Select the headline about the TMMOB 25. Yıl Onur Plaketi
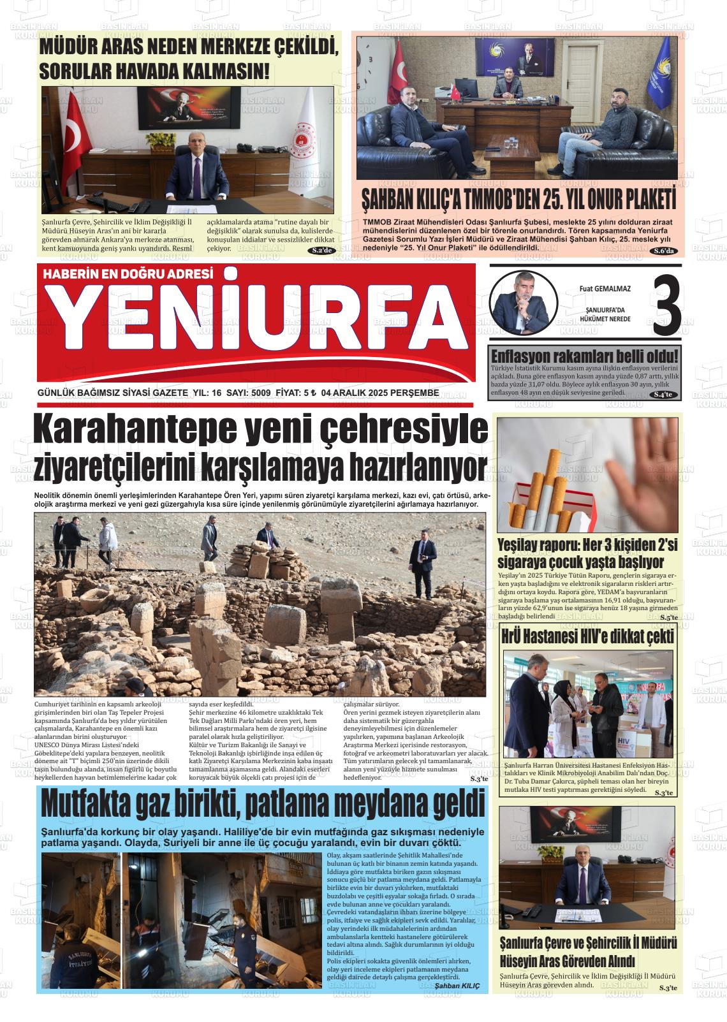click(x=518, y=200)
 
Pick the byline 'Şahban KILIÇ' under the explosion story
click(x=457, y=986)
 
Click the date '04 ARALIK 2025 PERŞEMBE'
click(x=380, y=393)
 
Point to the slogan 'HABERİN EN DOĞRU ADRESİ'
click(x=127, y=275)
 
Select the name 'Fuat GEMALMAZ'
click(x=605, y=289)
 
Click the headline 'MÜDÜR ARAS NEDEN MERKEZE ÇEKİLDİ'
click(x=187, y=48)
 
